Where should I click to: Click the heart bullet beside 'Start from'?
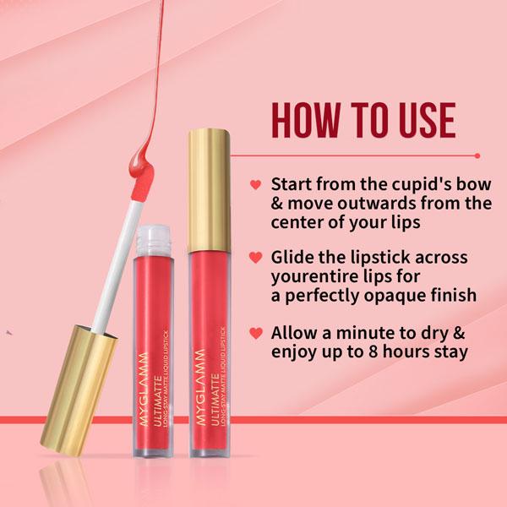click(x=254, y=184)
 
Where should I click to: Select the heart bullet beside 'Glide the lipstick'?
click(x=254, y=256)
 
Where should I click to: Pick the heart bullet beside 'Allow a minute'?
click(x=254, y=330)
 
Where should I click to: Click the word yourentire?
click(x=313, y=275)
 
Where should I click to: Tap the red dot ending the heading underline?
click(x=478, y=155)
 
